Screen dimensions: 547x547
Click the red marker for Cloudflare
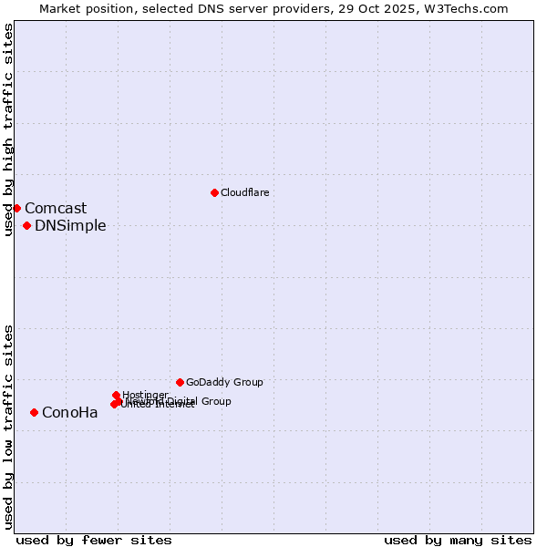[x=214, y=192]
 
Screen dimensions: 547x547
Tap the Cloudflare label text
[x=244, y=192]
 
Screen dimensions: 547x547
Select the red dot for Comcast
[x=16, y=208]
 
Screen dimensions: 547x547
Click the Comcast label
[x=56, y=209]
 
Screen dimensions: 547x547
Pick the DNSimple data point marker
[x=26, y=225]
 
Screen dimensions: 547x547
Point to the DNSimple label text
[x=70, y=226]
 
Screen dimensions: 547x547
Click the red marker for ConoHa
[x=34, y=412]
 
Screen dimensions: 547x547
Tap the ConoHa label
[x=69, y=413]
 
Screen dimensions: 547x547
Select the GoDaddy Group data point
[x=180, y=382]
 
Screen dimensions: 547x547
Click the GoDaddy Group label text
[x=224, y=382]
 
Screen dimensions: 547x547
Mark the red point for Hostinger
[x=116, y=395]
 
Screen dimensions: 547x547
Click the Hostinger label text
[x=145, y=395]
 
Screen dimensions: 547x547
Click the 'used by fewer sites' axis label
[x=94, y=541]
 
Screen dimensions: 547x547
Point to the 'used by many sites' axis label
[x=458, y=541]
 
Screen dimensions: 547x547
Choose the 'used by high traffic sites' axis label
[x=8, y=129]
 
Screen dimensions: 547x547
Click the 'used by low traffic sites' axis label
[x=8, y=427]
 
